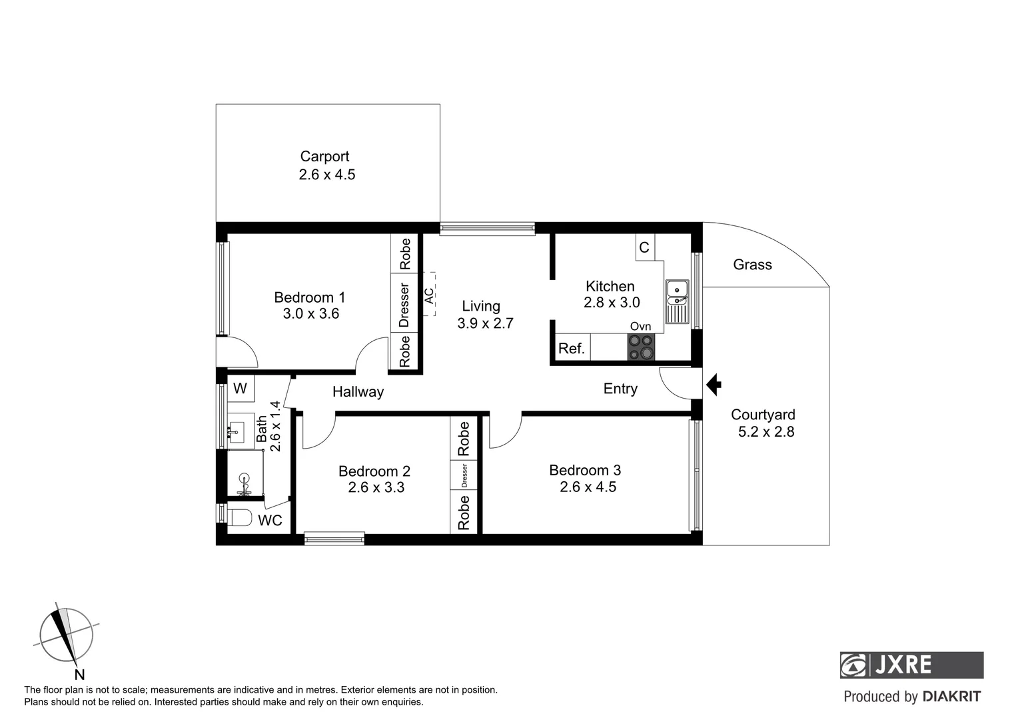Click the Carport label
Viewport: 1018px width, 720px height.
(324, 156)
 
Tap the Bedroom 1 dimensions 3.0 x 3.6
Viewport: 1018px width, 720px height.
(310, 314)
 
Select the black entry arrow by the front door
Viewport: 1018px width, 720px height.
(714, 385)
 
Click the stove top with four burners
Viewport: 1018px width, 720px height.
(641, 347)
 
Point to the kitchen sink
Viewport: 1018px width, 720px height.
(677, 301)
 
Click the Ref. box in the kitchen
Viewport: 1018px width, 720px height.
(572, 348)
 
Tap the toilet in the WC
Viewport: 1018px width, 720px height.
(239, 518)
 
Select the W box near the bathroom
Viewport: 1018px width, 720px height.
(241, 389)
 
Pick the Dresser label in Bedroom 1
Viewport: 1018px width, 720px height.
(404, 305)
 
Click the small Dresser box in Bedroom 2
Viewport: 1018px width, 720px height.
(464, 475)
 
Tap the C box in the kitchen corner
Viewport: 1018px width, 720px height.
(644, 247)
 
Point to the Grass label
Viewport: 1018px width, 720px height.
(752, 265)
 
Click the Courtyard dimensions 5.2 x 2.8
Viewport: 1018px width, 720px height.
(766, 432)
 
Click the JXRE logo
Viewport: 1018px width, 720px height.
(911, 665)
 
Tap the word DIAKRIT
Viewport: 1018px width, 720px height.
(951, 697)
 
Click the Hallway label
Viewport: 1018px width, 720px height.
(358, 392)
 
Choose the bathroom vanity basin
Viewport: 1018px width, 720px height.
(237, 430)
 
